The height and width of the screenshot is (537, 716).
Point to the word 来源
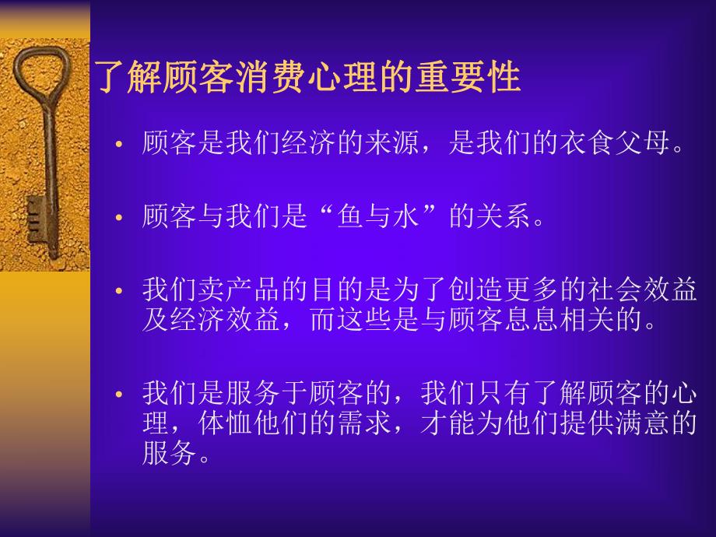(392, 145)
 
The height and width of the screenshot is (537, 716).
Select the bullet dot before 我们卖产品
(119, 291)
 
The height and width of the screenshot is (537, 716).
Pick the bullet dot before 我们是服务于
(119, 395)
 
